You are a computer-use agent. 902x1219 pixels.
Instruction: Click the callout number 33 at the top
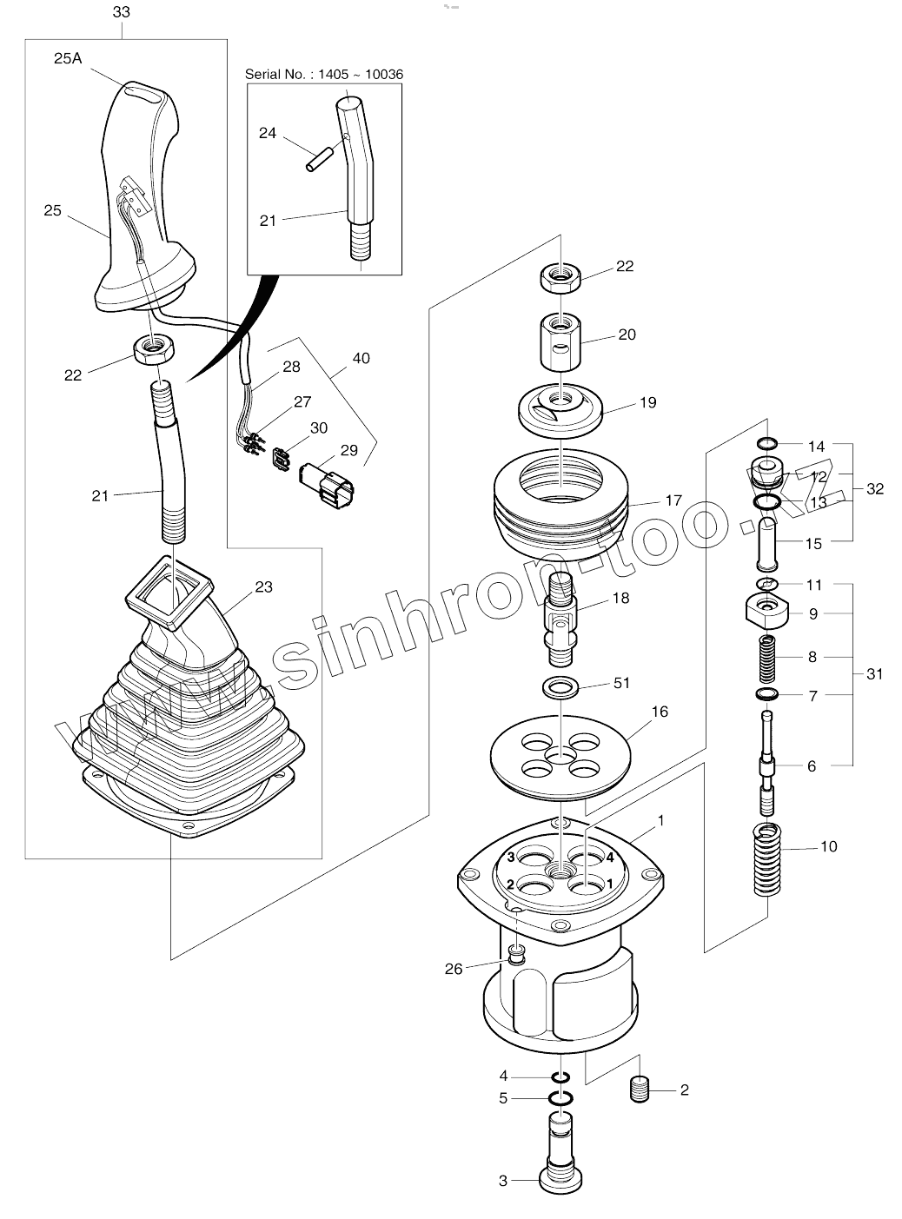pyautogui.click(x=122, y=12)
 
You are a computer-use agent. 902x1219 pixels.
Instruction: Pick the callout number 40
pyautogui.click(x=361, y=358)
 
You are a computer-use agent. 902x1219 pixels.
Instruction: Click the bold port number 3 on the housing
pyautogui.click(x=512, y=858)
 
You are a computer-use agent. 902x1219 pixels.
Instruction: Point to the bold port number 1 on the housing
pyautogui.click(x=610, y=884)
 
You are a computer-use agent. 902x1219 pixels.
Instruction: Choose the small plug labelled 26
pyautogui.click(x=517, y=956)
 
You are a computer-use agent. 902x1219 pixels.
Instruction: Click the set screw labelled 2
pyautogui.click(x=640, y=1089)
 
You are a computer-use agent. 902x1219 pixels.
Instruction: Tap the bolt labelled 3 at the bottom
pyautogui.click(x=560, y=1156)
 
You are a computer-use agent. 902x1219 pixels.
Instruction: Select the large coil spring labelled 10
pyautogui.click(x=767, y=860)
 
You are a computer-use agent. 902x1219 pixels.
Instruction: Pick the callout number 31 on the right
pyautogui.click(x=874, y=673)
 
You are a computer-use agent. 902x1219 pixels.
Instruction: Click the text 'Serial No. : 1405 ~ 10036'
pyautogui.click(x=324, y=75)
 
